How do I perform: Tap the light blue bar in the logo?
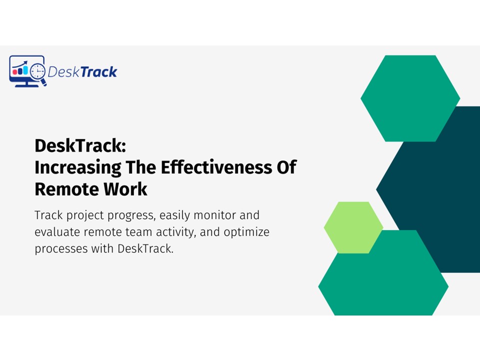pyautogui.click(x=25, y=70)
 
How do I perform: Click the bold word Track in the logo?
pyautogui.click(x=98, y=72)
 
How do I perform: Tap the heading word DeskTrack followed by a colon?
pyautogui.click(x=80, y=145)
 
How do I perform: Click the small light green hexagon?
pyautogui.click(x=353, y=227)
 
